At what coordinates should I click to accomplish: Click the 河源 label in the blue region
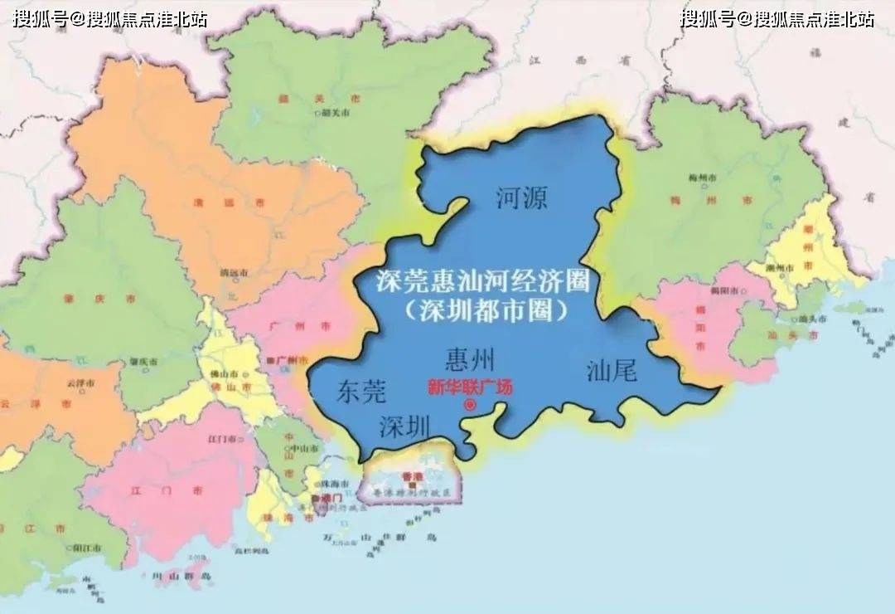(x=522, y=197)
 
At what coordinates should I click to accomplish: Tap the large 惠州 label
(x=469, y=359)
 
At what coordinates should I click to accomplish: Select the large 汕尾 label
(x=612, y=371)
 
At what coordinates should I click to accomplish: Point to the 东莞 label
(x=361, y=392)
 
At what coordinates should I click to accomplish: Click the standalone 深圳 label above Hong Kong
(x=404, y=427)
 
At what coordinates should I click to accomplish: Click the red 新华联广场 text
(x=470, y=386)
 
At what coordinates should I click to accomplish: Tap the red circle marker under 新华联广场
(x=471, y=405)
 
